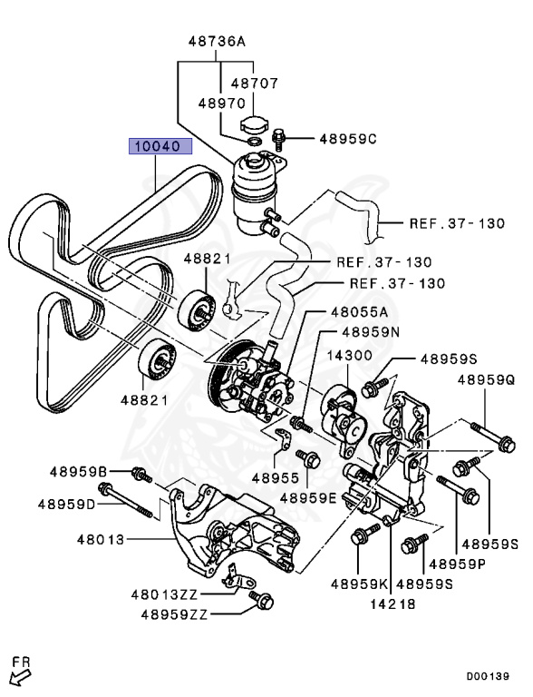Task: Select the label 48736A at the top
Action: (217, 41)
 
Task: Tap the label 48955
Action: (275, 476)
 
